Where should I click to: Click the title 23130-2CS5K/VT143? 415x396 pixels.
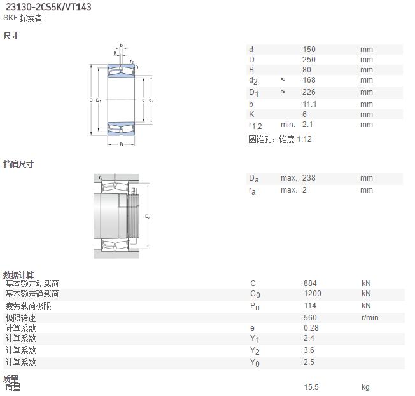(48, 7)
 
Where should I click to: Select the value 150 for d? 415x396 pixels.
(309, 50)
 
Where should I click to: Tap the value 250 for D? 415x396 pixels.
(309, 60)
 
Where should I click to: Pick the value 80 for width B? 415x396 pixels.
(307, 70)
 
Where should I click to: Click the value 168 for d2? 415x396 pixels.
(309, 80)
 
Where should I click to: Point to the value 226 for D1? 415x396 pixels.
(309, 92)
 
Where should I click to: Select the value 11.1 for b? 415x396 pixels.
(309, 104)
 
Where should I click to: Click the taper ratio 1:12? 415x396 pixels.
(304, 139)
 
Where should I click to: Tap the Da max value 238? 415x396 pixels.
(309, 178)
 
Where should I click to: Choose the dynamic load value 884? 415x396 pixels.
(310, 283)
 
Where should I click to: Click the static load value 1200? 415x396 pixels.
(313, 294)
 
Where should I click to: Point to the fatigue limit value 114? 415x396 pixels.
(310, 306)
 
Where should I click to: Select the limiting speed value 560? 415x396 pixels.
(310, 317)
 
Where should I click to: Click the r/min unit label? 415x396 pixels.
(370, 317)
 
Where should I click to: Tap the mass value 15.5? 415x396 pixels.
(311, 387)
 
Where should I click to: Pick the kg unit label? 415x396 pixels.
(365, 388)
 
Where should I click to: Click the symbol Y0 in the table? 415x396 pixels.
(255, 363)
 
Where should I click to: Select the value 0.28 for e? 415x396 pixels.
(311, 328)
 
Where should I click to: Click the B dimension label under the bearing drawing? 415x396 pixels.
(121, 144)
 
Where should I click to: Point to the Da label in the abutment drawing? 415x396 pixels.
(148, 217)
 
